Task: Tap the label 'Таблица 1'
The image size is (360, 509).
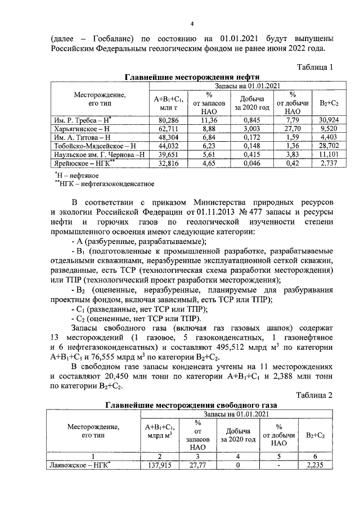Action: [314, 67]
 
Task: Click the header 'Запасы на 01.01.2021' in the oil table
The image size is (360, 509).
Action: [245, 85]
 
